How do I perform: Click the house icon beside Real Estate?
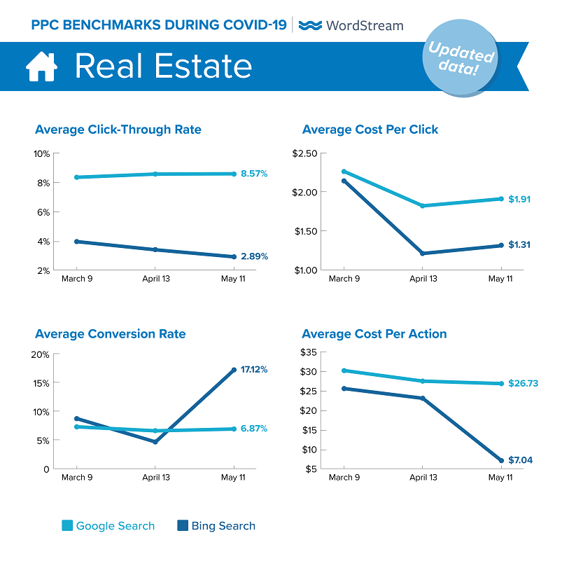41,67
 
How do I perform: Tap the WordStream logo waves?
309,25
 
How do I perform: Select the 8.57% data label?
254,174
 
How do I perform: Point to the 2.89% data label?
254,257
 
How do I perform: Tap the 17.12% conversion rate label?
254,369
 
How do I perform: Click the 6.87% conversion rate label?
254,429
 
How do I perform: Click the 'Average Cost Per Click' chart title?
370,130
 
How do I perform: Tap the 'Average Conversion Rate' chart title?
111,334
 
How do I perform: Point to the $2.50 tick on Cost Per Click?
304,153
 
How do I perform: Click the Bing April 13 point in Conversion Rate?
155,442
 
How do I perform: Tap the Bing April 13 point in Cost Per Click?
422,254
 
